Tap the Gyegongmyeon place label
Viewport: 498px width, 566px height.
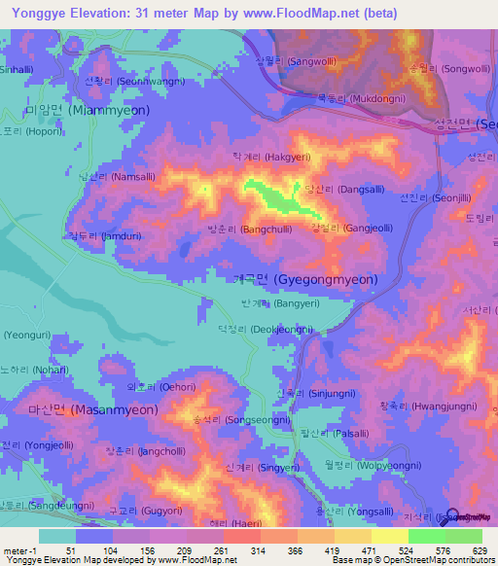coord(306,279)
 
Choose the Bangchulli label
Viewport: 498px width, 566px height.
coord(247,230)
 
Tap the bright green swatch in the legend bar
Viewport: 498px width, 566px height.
coord(426,536)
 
